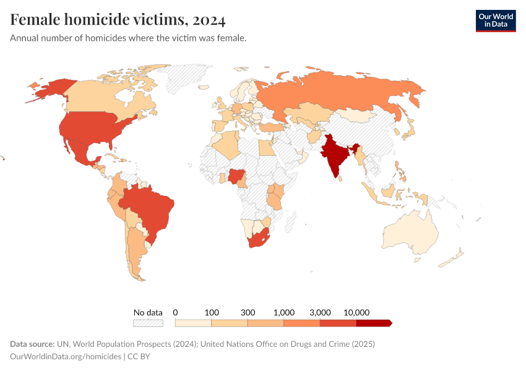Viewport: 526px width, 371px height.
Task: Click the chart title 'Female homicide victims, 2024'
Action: coord(118,20)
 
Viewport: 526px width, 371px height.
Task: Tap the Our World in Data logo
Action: coord(495,20)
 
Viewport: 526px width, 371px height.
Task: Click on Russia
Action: coord(347,93)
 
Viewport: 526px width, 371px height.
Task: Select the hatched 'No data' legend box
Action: coord(148,323)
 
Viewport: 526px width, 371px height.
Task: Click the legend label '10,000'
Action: coord(356,312)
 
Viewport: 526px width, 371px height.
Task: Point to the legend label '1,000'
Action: coord(284,312)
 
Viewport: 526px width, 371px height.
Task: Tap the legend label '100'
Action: coord(212,312)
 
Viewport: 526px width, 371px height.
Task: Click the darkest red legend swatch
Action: coord(373,323)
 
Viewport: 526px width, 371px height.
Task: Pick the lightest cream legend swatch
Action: coord(193,323)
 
